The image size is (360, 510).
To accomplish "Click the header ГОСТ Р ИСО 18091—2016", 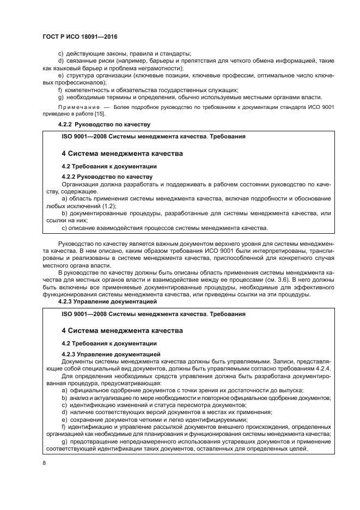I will click(80, 37).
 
